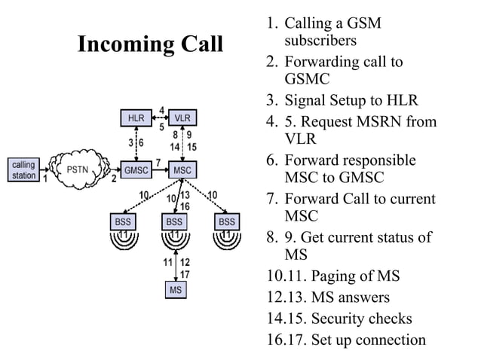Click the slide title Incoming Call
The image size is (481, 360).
[x=150, y=44]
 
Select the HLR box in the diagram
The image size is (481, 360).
[x=136, y=118]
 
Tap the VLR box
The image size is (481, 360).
[x=182, y=118]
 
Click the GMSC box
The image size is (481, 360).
[x=136, y=169]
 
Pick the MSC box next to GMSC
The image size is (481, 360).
[x=182, y=169]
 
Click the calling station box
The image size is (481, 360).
[x=23, y=169]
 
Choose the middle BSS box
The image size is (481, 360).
[x=175, y=222]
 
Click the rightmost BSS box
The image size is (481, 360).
[x=226, y=222]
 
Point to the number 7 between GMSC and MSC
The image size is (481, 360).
[x=158, y=162]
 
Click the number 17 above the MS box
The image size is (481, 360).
[x=185, y=274]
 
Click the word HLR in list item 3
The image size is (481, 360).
[x=401, y=100]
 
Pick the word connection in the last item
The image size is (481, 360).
[x=389, y=340]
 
